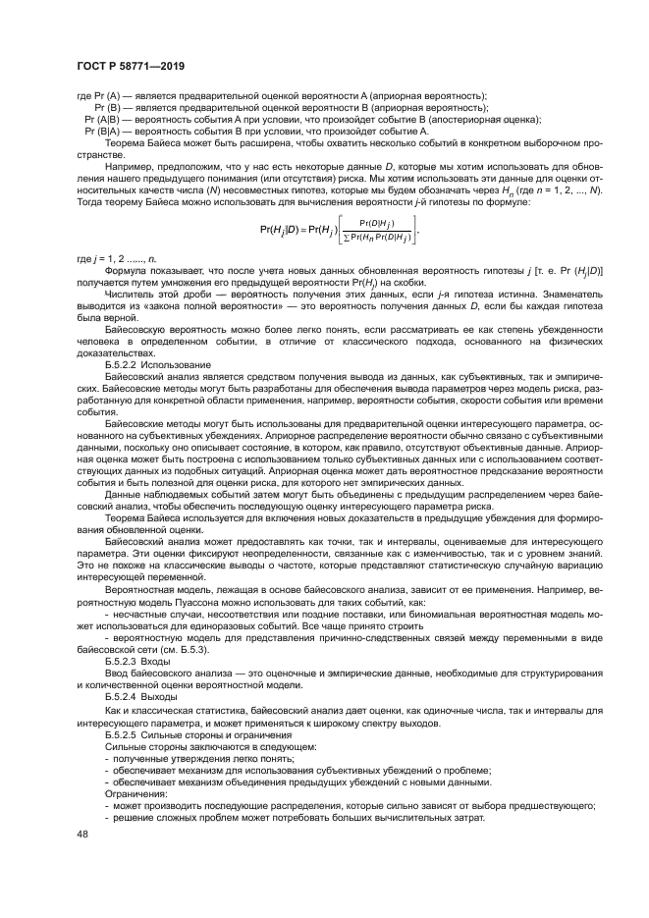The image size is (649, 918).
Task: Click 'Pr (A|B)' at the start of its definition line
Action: pos(106,118)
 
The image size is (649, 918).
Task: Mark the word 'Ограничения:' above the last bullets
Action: pos(136,792)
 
